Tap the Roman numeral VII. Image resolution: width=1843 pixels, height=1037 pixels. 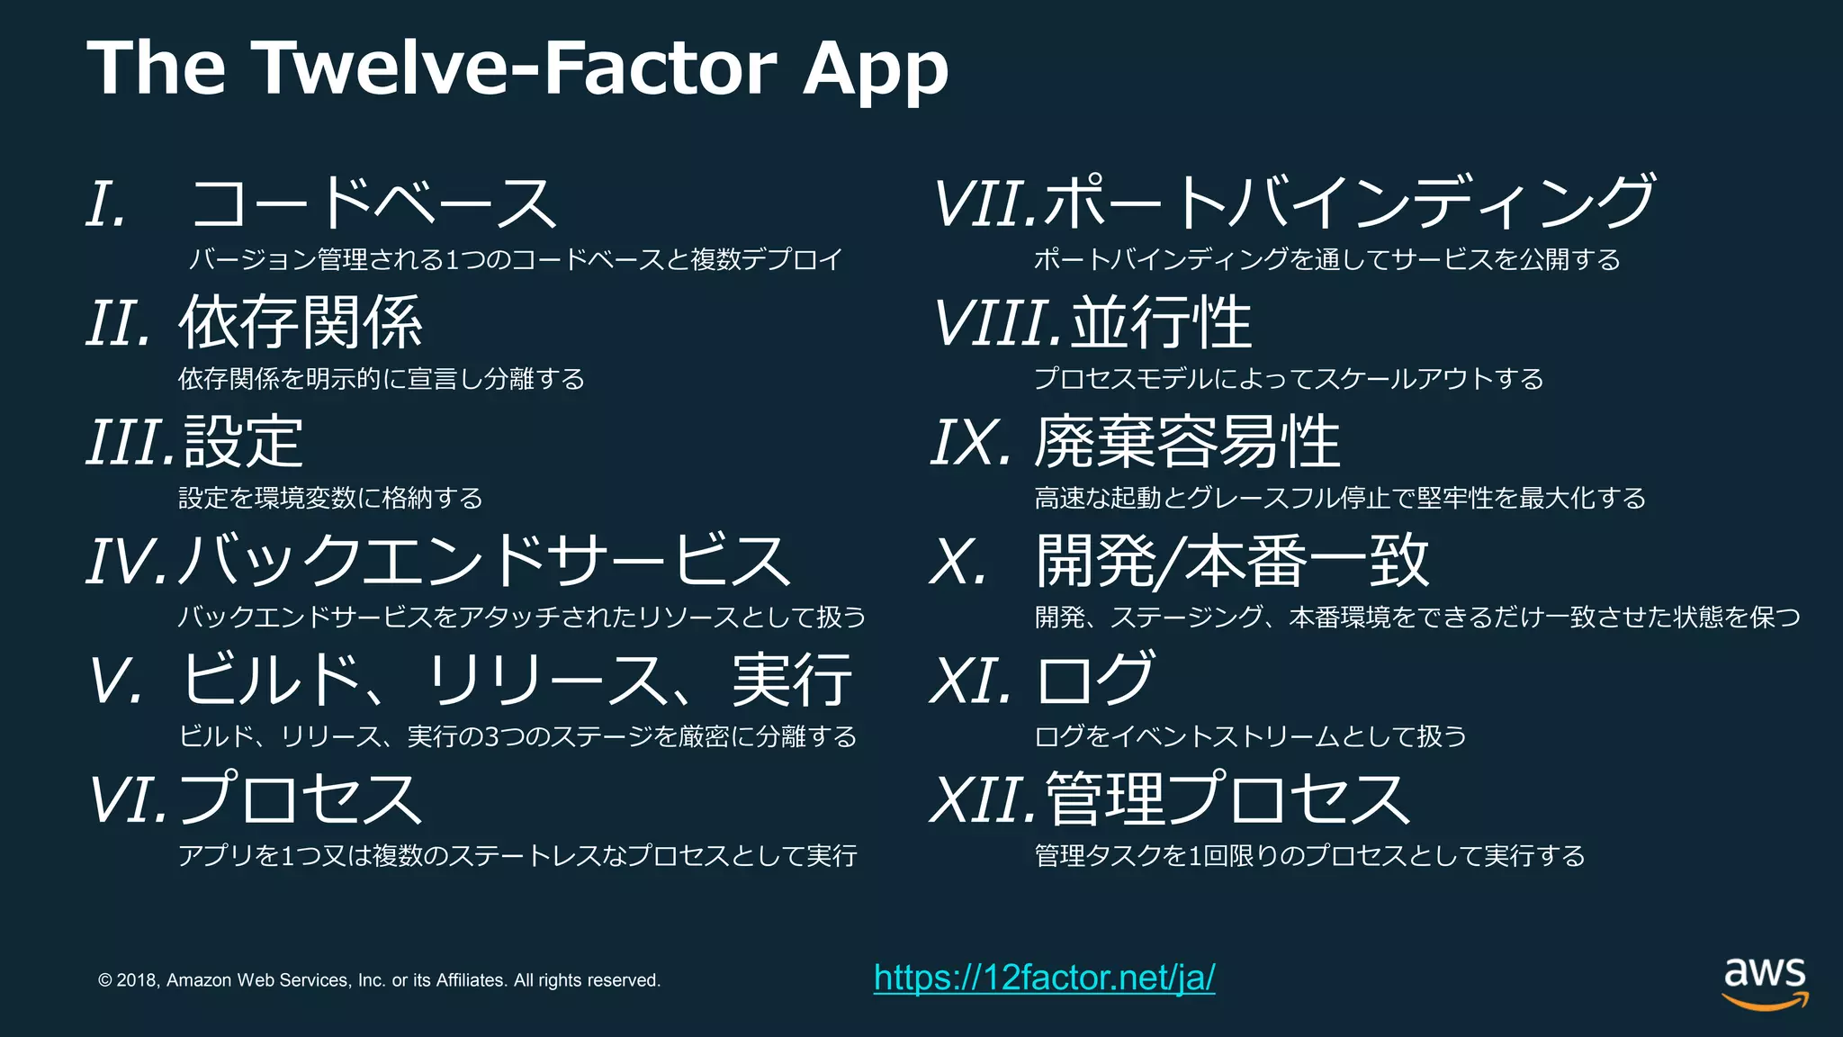pos(986,203)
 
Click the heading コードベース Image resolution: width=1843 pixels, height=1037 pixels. pos(373,203)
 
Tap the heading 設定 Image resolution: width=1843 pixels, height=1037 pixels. pos(243,442)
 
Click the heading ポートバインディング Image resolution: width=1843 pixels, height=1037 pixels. pos(1350,203)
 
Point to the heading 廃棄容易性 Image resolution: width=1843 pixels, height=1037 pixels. pos(1187,442)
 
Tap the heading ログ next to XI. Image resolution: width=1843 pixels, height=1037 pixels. pos(1095,680)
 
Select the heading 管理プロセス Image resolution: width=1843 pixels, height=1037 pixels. pos(1228,799)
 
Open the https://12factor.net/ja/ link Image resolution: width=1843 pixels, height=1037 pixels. pos(1044,978)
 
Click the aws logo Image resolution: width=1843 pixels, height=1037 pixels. pos(1765,983)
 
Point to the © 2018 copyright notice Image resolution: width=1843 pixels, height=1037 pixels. pos(379,980)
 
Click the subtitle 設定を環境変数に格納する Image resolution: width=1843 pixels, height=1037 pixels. pos(330,498)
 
